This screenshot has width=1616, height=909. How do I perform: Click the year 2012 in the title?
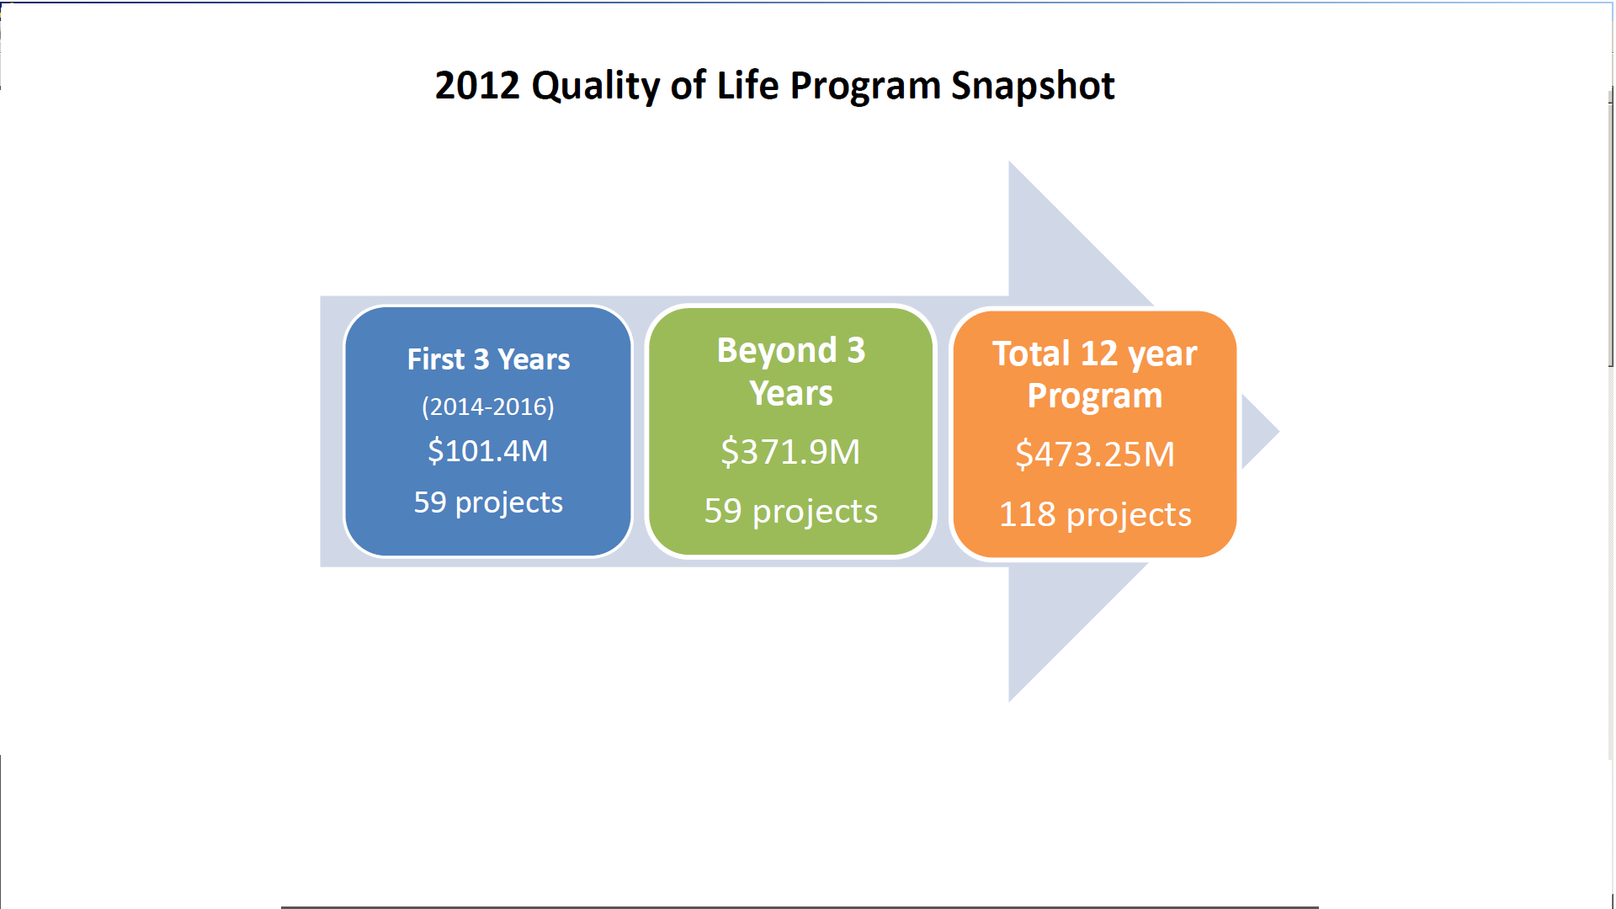click(477, 86)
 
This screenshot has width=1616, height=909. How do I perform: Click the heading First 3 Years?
click(488, 359)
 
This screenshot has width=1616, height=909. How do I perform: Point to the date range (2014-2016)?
click(488, 407)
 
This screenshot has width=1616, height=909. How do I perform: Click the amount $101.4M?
click(488, 451)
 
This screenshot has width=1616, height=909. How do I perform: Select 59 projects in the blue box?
click(488, 503)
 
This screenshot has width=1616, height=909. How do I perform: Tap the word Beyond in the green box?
click(777, 351)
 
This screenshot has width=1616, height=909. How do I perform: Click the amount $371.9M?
click(791, 452)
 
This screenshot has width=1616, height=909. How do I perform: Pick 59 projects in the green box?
click(791, 512)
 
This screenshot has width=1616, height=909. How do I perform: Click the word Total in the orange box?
click(1031, 353)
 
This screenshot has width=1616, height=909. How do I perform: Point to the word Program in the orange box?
click(1095, 396)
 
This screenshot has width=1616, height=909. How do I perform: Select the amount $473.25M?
click(1095, 454)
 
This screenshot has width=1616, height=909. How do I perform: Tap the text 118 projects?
click(1095, 515)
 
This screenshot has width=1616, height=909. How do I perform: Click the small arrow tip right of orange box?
click(1279, 432)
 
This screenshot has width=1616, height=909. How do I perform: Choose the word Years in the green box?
click(791, 394)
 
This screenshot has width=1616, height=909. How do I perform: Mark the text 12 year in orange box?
click(1139, 354)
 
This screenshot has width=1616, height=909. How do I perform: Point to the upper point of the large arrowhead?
click(1009, 162)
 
